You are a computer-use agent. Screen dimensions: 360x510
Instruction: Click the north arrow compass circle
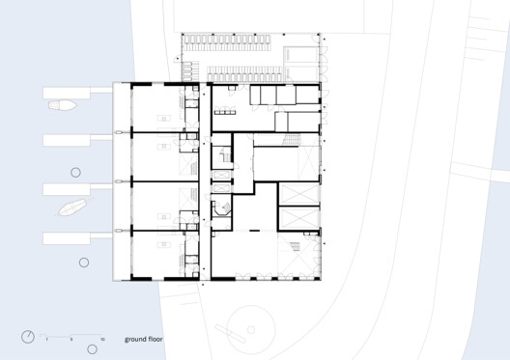(x=27, y=337)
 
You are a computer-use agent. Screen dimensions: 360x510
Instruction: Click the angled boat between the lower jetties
(x=71, y=207)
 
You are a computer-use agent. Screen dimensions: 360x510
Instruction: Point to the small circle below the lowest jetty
(x=83, y=263)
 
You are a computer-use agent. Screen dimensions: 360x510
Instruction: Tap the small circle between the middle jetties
(x=75, y=172)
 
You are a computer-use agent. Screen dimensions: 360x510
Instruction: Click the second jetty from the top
(x=77, y=140)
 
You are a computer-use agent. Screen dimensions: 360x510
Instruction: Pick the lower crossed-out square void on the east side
(x=297, y=218)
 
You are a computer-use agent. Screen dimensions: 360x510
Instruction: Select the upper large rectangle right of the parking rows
(x=302, y=48)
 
